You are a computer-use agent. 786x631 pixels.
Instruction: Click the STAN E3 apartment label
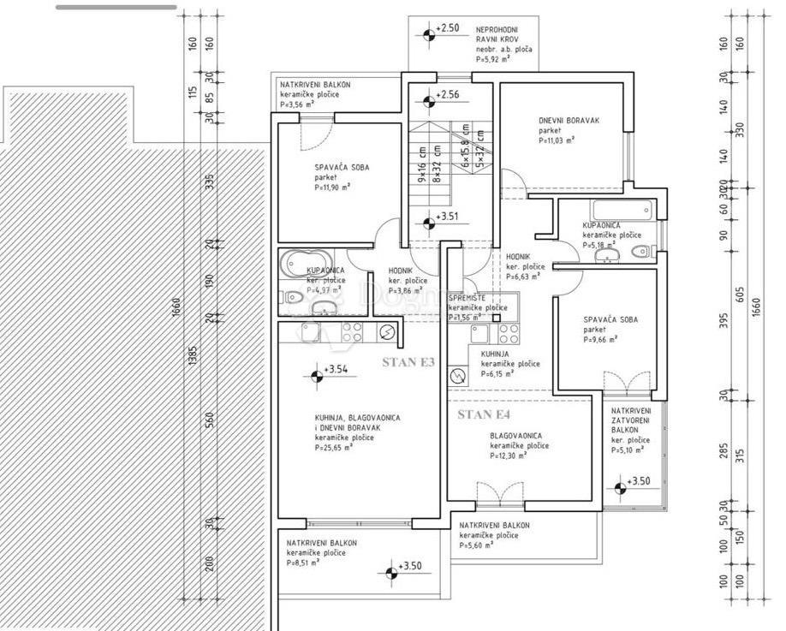coord(408,362)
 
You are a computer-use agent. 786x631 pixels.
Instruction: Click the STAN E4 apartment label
coord(484,415)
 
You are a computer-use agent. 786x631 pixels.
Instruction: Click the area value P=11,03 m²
coord(557,140)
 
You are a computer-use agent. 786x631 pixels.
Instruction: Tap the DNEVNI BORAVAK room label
coord(569,121)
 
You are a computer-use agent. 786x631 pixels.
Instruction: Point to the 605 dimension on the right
coord(741,295)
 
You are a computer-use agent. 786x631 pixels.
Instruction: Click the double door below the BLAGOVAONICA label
coord(500,492)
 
